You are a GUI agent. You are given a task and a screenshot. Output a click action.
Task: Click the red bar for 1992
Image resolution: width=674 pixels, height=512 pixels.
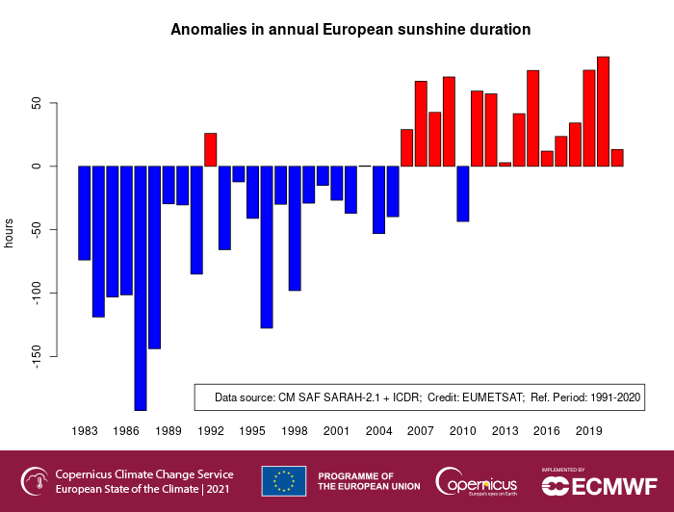(210, 150)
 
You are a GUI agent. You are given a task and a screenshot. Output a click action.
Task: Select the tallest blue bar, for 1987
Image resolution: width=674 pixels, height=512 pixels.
(141, 288)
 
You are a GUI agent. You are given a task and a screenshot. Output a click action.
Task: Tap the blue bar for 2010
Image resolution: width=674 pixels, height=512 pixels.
(463, 193)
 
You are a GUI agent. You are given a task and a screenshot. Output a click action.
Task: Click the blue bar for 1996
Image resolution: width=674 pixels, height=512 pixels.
(267, 246)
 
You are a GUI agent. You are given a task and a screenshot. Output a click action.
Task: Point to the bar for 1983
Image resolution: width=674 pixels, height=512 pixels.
(85, 213)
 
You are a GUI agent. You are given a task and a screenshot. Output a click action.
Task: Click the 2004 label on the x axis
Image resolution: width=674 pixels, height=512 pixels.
(378, 431)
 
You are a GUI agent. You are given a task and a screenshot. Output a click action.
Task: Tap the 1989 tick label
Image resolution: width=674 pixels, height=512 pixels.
(168, 431)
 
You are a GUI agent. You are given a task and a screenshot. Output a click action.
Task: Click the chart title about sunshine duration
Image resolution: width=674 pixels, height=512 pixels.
(350, 30)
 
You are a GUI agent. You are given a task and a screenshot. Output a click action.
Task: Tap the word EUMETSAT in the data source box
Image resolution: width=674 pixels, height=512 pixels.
(489, 397)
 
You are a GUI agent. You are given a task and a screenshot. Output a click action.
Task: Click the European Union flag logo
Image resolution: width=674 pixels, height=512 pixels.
(284, 480)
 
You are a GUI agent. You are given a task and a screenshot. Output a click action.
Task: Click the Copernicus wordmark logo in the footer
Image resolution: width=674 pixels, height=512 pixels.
(477, 480)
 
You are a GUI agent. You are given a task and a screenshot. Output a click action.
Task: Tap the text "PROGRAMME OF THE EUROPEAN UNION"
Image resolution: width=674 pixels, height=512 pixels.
(368, 481)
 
